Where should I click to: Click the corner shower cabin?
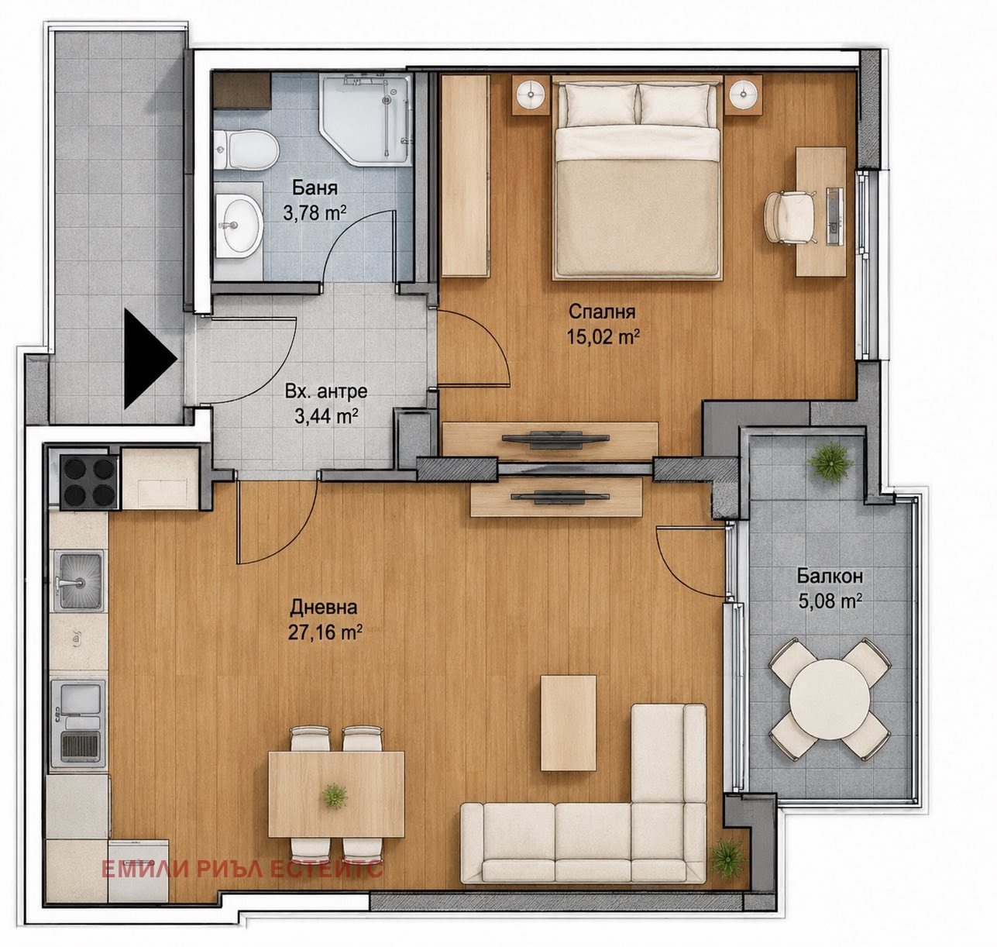[x=365, y=120]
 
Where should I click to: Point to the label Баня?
[x=315, y=188]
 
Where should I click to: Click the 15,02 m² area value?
[x=603, y=336]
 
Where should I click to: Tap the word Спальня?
[x=602, y=311]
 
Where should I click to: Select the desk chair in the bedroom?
[x=788, y=217]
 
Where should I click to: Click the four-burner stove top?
[x=89, y=481]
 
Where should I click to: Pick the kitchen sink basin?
[x=78, y=580]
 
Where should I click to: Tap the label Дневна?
[x=324, y=607]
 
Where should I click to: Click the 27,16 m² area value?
[x=325, y=632]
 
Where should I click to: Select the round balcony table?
[x=830, y=700]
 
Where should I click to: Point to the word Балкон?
[x=830, y=576]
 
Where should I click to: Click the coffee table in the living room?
[x=568, y=723]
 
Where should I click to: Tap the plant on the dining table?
[x=334, y=796]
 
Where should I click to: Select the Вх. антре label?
[x=326, y=391]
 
